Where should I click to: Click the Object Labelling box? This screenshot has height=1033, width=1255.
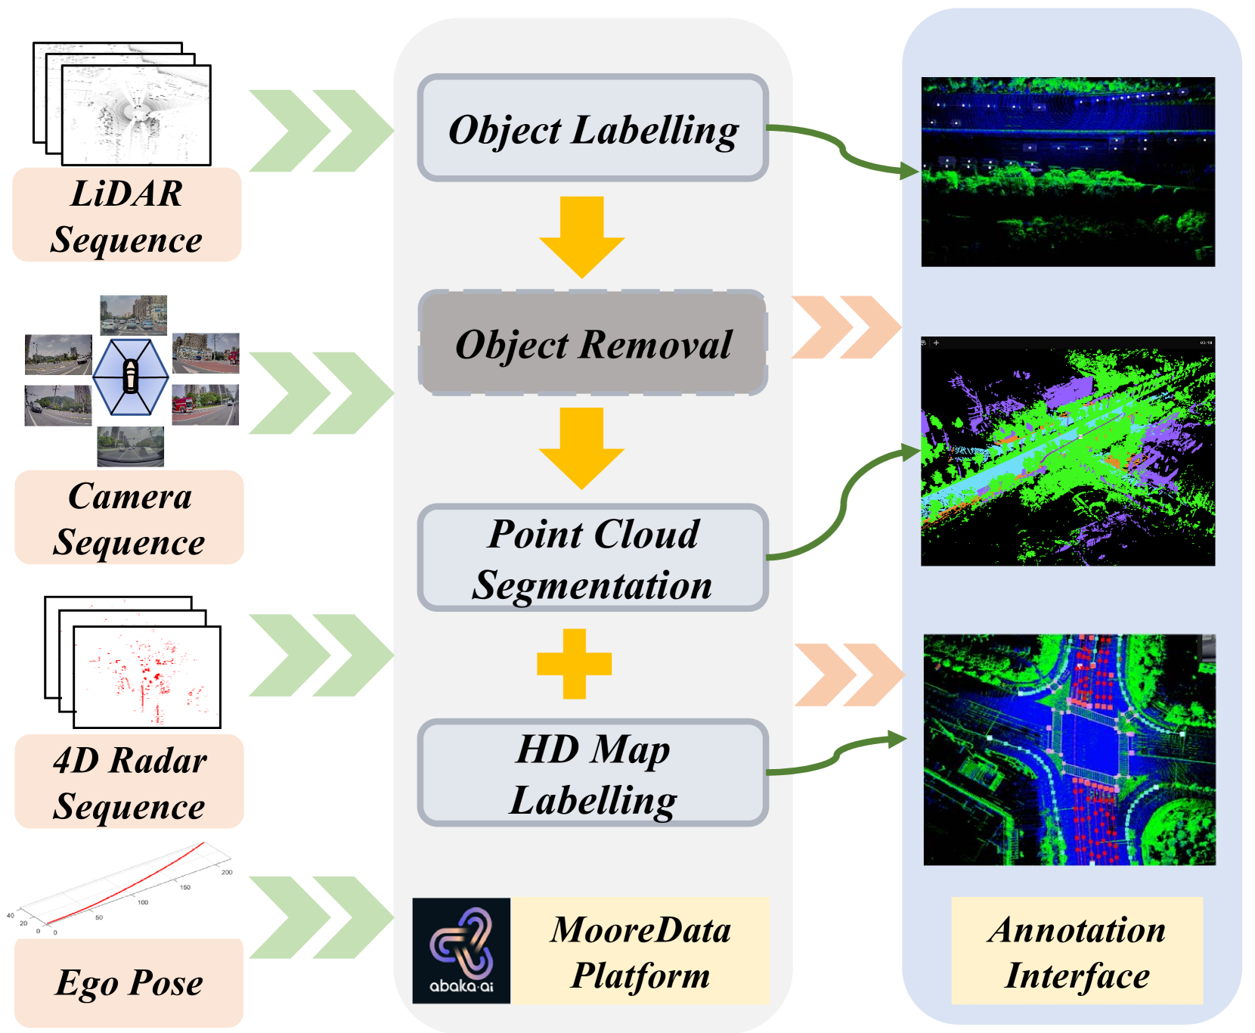coord(593,129)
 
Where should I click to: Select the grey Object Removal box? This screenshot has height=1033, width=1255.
coord(593,343)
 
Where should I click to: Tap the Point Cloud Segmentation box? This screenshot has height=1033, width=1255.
coord(593,558)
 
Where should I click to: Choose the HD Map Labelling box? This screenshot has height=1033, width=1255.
coord(593,773)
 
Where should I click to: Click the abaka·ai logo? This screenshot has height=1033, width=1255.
coord(461,951)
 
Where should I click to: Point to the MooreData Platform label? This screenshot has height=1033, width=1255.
coord(640,951)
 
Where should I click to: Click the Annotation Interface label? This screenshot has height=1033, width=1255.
coord(1077,951)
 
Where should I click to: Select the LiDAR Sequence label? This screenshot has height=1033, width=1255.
coord(126,216)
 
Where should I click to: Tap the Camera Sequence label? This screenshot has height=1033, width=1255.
coord(129,518)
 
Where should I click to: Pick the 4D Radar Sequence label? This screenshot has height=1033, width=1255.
coord(129,782)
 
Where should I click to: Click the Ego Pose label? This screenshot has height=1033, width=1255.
coord(129,982)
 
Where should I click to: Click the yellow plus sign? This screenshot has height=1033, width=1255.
coord(574,663)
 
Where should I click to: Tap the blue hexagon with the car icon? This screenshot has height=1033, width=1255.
coord(131,377)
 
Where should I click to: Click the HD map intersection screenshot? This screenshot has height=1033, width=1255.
coord(1069,749)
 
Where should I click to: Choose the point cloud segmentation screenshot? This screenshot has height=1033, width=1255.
coord(1068,451)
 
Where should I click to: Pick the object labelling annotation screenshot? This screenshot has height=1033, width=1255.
coord(1068,172)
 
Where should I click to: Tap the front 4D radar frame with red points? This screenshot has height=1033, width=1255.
coord(147,677)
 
